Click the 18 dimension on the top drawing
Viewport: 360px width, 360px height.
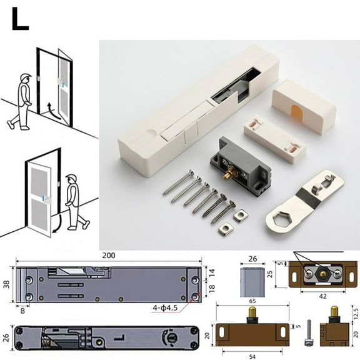point(212,289)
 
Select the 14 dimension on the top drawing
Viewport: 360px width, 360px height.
point(212,272)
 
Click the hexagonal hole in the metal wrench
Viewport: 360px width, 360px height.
point(277,219)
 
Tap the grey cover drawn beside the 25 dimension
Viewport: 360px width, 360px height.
point(251,280)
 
